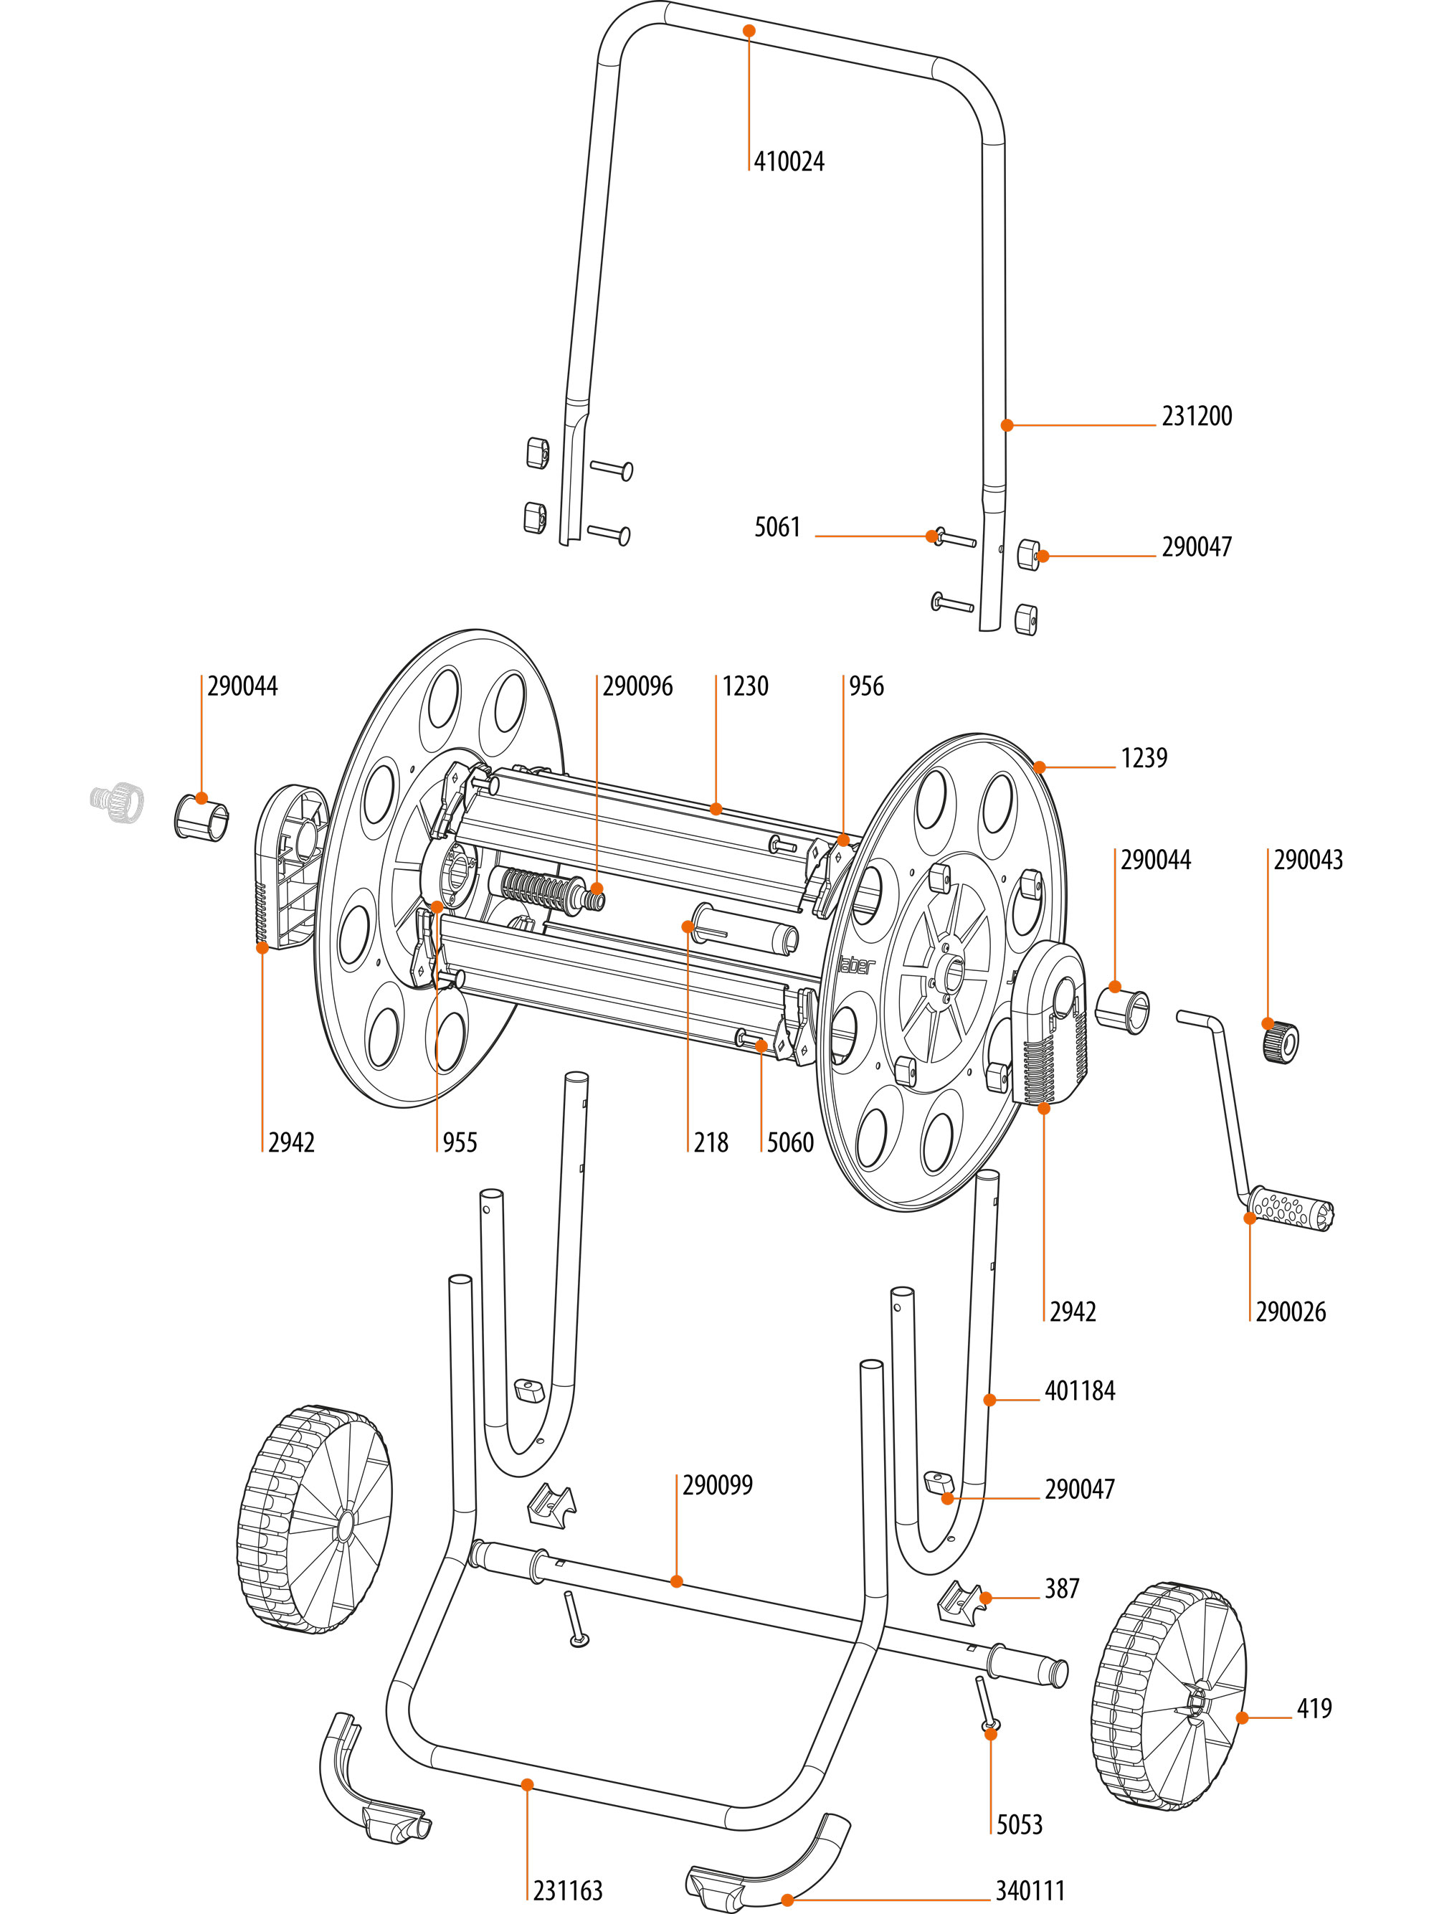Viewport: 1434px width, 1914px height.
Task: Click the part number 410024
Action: (789, 162)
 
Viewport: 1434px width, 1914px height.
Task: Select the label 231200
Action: (1196, 416)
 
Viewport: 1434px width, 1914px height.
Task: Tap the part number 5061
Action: (777, 527)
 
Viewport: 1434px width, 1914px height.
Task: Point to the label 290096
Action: (637, 686)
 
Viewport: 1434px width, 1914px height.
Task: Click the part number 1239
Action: (1144, 758)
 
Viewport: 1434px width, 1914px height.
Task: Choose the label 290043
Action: (1308, 860)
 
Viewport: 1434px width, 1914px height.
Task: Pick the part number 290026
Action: (1291, 1312)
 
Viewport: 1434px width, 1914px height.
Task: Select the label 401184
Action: (1079, 1391)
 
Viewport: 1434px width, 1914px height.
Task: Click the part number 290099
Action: (717, 1485)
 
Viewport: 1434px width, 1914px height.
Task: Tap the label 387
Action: (1062, 1588)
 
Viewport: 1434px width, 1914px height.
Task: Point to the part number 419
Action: (1314, 1708)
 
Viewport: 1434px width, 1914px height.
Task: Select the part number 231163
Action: (567, 1890)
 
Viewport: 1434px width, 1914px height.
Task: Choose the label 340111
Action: (1029, 1890)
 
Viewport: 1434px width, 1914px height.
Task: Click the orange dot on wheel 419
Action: (1242, 1718)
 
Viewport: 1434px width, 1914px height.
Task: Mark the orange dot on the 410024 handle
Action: (749, 30)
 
